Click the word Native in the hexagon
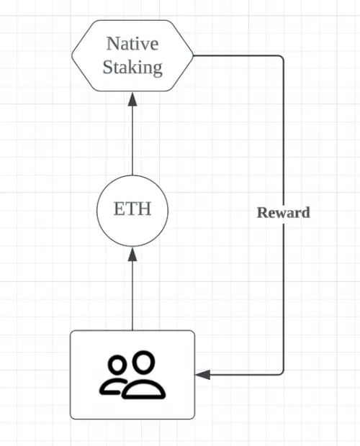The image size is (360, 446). click(x=132, y=44)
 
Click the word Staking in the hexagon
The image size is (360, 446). click(x=132, y=68)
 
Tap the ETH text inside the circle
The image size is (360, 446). click(x=132, y=209)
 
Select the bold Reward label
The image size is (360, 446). click(x=284, y=213)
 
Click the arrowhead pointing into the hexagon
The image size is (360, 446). click(x=132, y=99)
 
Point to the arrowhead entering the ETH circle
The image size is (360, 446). click(x=132, y=254)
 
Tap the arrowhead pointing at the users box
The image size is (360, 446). click(x=203, y=375)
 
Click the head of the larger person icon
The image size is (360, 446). click(x=144, y=361)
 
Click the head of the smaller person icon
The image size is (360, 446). click(x=117, y=365)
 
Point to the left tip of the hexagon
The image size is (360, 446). click(x=72, y=56)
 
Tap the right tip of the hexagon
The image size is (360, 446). click(x=193, y=56)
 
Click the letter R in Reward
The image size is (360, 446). click(x=262, y=213)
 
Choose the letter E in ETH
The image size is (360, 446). click(x=120, y=209)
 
